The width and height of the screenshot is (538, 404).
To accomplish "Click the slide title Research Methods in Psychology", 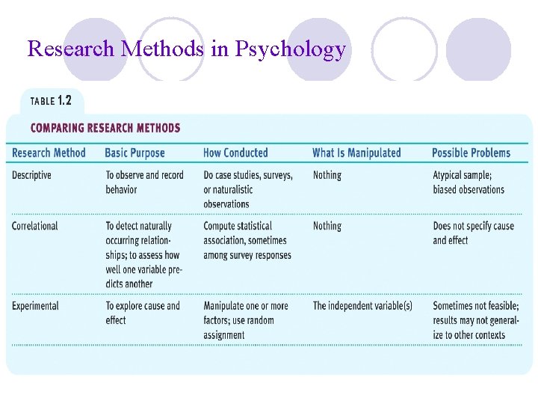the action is (x=187, y=49).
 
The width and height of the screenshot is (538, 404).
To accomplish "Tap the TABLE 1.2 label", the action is (x=51, y=101).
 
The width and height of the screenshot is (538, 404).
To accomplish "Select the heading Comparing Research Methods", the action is (x=105, y=128).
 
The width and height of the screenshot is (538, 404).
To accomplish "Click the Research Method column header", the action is (x=49, y=153).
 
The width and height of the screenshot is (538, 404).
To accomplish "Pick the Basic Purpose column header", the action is (x=134, y=153).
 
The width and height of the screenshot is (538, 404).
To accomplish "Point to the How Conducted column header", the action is (x=235, y=153).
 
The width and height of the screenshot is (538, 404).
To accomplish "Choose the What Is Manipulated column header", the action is (x=356, y=153).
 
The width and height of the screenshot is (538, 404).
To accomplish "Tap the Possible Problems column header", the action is (x=471, y=153).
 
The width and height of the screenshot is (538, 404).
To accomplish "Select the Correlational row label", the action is (x=35, y=226).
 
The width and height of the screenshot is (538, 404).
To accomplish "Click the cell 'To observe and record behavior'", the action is (x=144, y=183).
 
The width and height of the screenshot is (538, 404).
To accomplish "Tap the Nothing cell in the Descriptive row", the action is (x=327, y=175).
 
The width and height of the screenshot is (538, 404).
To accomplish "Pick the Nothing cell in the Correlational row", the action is (x=327, y=226).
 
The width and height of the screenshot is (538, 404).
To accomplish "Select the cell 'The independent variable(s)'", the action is (x=362, y=306).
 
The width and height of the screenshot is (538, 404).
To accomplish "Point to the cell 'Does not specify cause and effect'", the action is (x=473, y=233).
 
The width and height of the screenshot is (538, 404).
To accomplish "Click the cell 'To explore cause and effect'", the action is (x=143, y=313).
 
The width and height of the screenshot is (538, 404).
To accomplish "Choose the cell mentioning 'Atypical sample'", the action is (x=469, y=183).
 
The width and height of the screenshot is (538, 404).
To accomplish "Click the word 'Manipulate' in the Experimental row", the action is (x=225, y=306).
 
